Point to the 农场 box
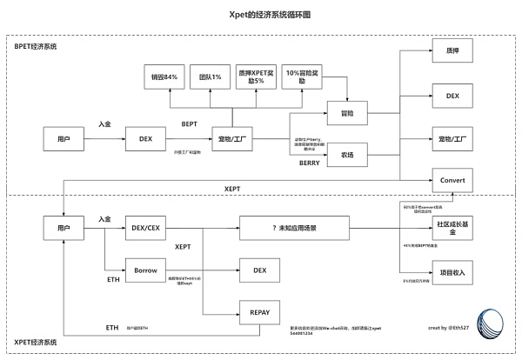click(x=348, y=156)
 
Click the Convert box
click(x=452, y=180)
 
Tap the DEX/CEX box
click(x=144, y=228)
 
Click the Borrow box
click(x=144, y=270)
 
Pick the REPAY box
click(x=259, y=312)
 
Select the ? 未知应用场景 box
click(x=292, y=228)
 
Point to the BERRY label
click(x=310, y=163)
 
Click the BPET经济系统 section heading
click(x=37, y=45)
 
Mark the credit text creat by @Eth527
click(x=450, y=328)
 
